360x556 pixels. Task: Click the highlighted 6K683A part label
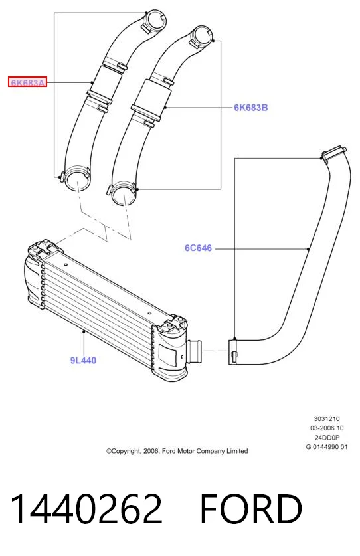point(28,83)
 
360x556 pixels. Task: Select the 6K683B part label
point(251,107)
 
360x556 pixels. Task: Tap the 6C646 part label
point(199,248)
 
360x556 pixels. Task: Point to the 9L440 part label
point(83,360)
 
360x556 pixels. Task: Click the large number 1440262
point(86,509)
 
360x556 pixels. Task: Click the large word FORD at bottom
point(251,509)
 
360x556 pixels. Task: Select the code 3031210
point(327,418)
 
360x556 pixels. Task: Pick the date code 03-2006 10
point(327,428)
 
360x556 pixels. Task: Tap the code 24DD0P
point(327,438)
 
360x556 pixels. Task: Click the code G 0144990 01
point(327,447)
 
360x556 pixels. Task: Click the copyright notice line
point(177,451)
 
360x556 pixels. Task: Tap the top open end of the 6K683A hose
point(155,21)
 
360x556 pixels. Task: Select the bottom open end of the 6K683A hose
point(77,178)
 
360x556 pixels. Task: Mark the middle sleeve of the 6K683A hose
point(106,82)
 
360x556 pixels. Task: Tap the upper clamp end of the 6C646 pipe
point(333,153)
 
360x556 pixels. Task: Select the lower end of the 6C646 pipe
point(233,352)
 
